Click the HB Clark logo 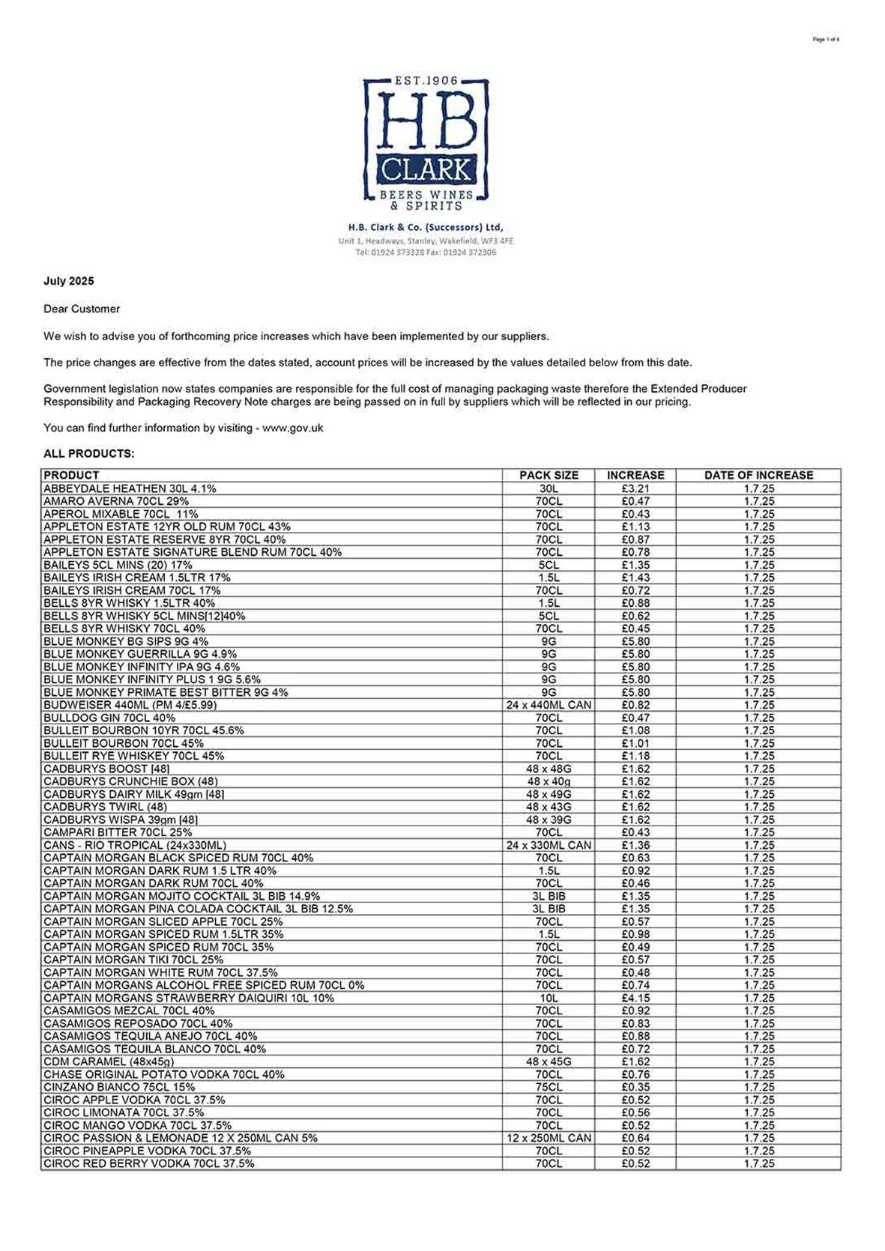(x=426, y=143)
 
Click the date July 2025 (x=69, y=282)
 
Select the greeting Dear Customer (x=82, y=309)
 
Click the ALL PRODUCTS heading (x=89, y=454)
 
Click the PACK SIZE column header (x=549, y=475)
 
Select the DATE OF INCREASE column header (x=758, y=475)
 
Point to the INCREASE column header (x=635, y=475)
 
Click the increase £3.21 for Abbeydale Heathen (x=635, y=488)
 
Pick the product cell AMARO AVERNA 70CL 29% (x=116, y=501)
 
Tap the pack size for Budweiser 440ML (x=549, y=705)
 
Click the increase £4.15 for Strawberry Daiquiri (x=635, y=998)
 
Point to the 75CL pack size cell (x=549, y=1087)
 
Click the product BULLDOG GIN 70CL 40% (x=109, y=718)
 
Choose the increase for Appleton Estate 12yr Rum (x=635, y=527)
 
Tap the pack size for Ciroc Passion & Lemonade (x=549, y=1138)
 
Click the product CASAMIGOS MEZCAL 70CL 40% (x=129, y=1011)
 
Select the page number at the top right (x=826, y=40)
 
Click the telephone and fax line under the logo (x=426, y=252)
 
